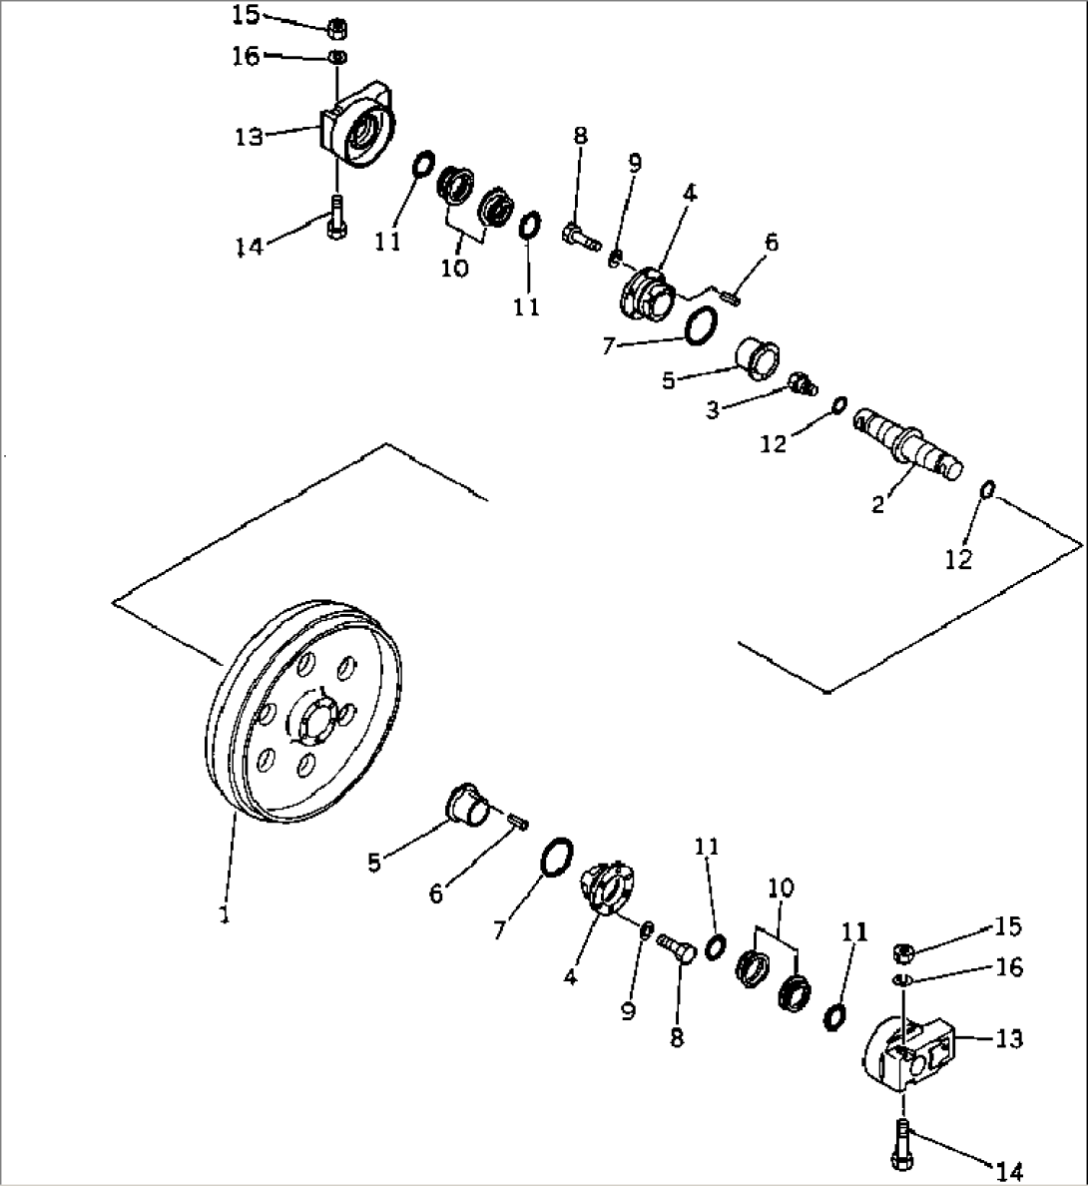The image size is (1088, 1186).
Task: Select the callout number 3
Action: pyautogui.click(x=713, y=410)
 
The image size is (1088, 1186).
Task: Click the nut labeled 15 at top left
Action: pyautogui.click(x=337, y=26)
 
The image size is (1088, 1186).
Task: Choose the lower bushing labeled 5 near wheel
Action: pyautogui.click(x=464, y=804)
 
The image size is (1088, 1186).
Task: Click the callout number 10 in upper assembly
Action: pyautogui.click(x=454, y=270)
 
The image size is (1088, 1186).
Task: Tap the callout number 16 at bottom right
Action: pyautogui.click(x=1009, y=967)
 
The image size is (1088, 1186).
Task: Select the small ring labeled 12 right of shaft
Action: pyautogui.click(x=986, y=489)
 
